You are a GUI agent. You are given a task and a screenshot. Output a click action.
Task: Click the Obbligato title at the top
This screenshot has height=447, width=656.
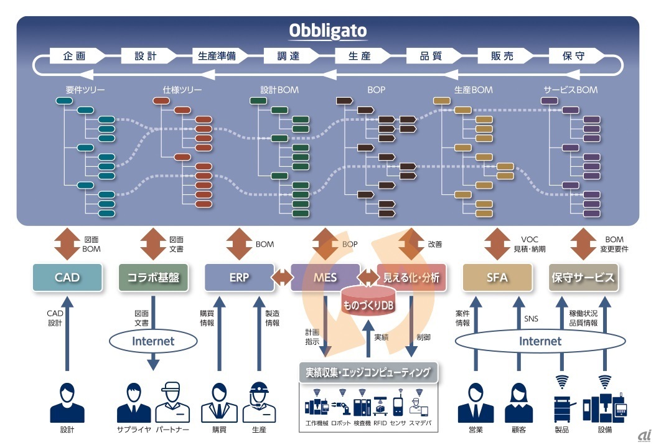[328, 31]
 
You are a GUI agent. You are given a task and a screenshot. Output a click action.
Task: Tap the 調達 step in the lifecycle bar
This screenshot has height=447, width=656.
[289, 56]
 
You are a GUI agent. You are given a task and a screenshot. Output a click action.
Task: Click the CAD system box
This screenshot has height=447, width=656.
[67, 278]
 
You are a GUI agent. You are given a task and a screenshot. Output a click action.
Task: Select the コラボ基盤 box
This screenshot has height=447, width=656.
[153, 278]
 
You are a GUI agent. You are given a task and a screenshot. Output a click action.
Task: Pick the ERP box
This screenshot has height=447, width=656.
[239, 278]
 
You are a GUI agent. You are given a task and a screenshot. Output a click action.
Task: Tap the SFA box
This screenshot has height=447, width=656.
[498, 278]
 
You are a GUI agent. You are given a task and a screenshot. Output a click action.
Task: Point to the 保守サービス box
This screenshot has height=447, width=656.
[583, 278]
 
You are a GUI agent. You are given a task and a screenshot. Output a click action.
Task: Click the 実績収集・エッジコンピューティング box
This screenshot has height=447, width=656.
[368, 373]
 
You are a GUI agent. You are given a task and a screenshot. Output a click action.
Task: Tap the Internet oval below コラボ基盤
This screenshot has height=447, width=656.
[153, 341]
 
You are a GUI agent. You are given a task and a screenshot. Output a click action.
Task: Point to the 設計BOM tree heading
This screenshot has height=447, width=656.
[279, 90]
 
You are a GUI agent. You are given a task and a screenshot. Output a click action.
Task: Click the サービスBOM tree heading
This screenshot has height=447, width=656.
[570, 90]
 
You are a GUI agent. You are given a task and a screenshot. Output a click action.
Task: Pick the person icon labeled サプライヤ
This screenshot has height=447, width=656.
[134, 403]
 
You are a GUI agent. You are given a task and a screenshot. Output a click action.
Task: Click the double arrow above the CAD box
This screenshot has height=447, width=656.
[67, 243]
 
